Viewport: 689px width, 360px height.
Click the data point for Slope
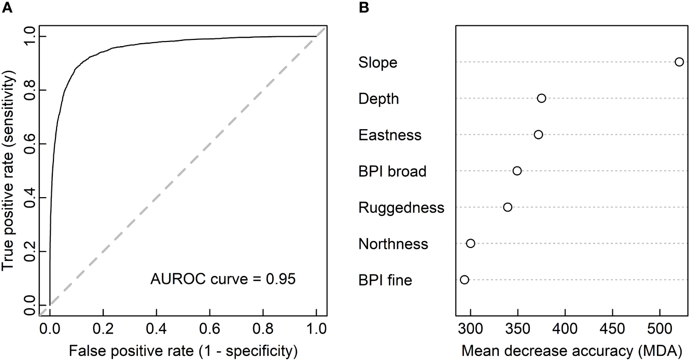(x=679, y=62)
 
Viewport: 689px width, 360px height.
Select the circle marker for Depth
(x=542, y=98)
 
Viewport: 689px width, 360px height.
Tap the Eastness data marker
(x=538, y=134)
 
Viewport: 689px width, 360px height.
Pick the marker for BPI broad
(x=517, y=171)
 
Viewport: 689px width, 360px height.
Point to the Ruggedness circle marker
(x=508, y=207)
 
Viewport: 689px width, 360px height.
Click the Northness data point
(x=471, y=243)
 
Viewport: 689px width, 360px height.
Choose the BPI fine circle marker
(x=465, y=280)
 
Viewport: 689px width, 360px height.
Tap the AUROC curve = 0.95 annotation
(x=223, y=280)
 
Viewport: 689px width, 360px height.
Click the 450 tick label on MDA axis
(x=612, y=330)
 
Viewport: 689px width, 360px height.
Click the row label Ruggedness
(x=401, y=208)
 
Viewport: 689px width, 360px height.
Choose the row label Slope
(x=377, y=63)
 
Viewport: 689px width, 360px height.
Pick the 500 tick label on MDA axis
(x=660, y=330)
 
